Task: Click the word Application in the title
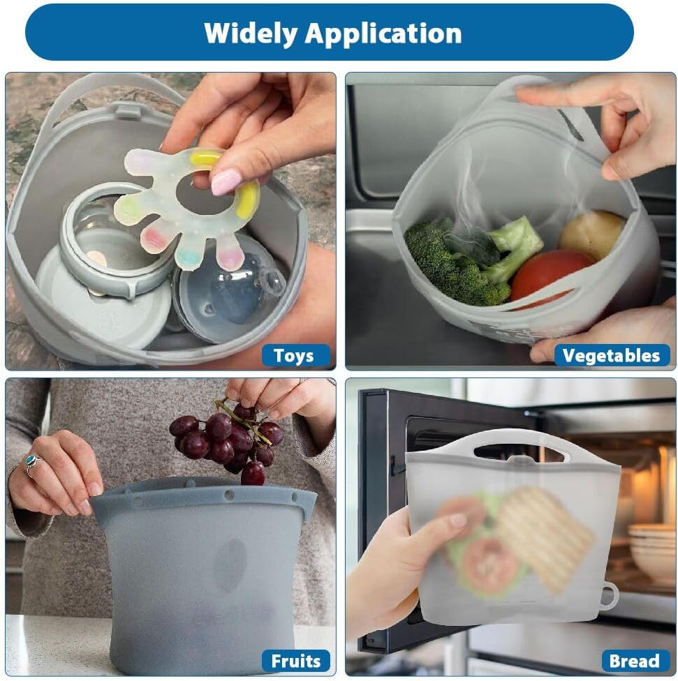pyautogui.click(x=383, y=33)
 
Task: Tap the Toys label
pyautogui.click(x=294, y=356)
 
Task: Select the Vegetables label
pyautogui.click(x=611, y=356)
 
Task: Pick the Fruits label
pyautogui.click(x=295, y=661)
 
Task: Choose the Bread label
pyautogui.click(x=634, y=661)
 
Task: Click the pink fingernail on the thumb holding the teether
pyautogui.click(x=226, y=181)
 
